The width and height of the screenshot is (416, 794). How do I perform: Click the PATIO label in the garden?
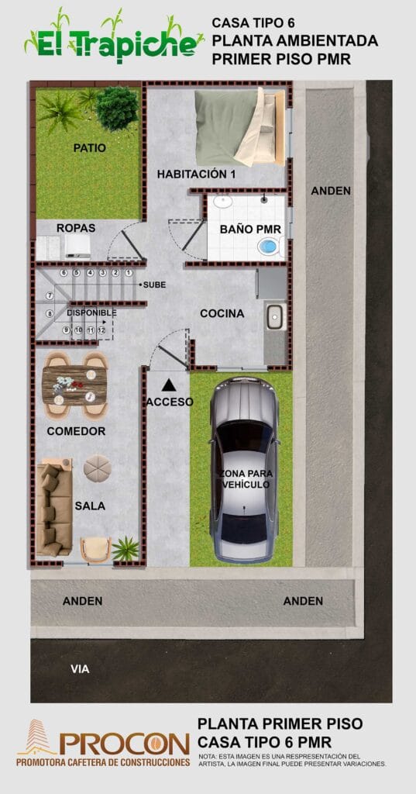90,148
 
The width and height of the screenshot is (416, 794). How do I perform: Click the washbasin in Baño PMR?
222,202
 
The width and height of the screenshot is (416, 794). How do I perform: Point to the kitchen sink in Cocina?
275,316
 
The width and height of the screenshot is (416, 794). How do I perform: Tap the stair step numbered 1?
129,273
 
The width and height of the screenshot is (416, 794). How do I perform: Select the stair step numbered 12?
101,330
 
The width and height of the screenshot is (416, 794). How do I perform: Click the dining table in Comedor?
74,385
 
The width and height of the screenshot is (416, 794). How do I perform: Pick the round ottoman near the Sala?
97,468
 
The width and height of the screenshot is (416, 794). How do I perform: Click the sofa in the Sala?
54,507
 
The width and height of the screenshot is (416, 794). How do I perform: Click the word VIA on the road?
80,669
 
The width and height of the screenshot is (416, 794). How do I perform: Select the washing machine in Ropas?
77,246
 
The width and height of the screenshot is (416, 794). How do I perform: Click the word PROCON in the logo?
124,744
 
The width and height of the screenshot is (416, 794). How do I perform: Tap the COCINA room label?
222,313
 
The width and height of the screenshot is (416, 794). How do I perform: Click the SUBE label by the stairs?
154,285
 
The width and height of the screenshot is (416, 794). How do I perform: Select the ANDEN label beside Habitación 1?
331,191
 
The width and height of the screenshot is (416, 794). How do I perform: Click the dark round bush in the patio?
118,108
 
